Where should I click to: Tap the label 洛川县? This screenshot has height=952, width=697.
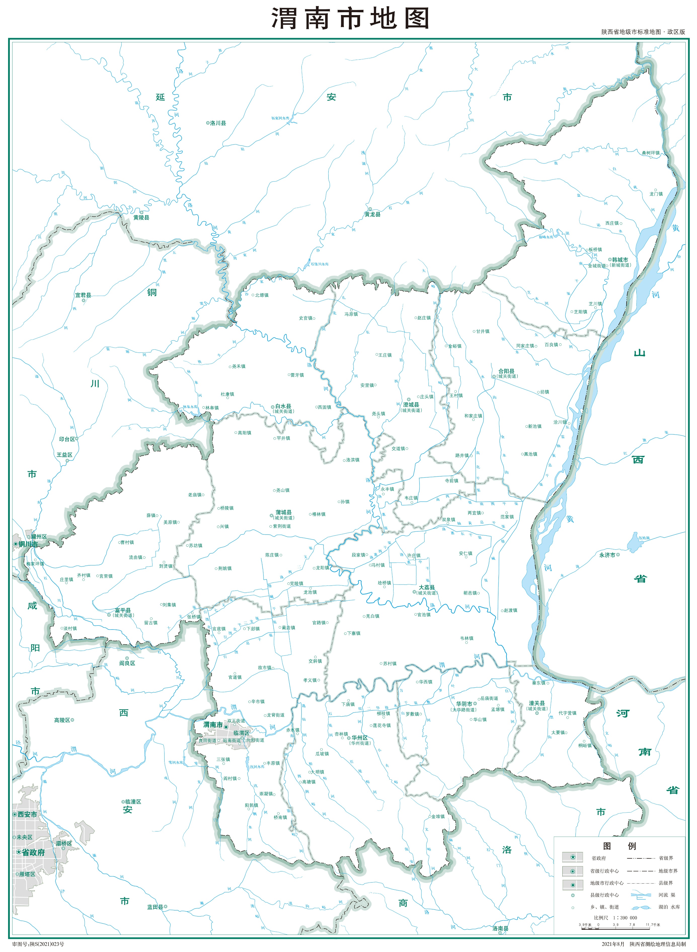[218, 123]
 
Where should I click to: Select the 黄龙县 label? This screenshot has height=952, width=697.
[373, 214]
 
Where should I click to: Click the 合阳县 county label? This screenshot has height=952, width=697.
[506, 371]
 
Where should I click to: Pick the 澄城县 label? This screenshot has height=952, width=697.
[411, 405]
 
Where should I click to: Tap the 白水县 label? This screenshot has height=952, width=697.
[283, 406]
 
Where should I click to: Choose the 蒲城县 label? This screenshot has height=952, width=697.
[284, 512]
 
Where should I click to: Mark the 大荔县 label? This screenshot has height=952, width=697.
[427, 588]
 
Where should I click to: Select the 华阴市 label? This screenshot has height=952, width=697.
[464, 704]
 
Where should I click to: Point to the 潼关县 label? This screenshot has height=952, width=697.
[537, 703]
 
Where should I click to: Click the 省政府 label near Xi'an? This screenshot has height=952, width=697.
[33, 852]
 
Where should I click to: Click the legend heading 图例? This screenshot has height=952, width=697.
[619, 846]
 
